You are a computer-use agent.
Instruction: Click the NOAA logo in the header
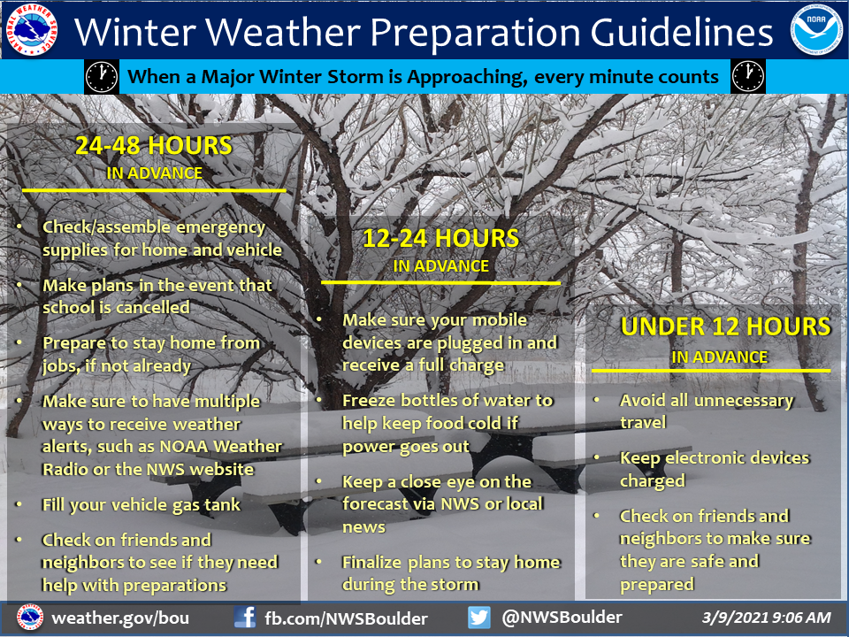point(816,29)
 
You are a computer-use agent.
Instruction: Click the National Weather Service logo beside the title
point(32,29)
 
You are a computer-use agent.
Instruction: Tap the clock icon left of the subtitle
point(101,77)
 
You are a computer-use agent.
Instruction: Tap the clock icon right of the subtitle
point(748,77)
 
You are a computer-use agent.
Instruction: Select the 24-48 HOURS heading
point(154,146)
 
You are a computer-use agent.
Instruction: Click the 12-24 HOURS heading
point(440,239)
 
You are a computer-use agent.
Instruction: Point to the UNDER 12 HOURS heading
point(725,326)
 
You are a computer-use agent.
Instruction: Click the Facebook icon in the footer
point(245,618)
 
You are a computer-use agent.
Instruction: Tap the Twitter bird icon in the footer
point(479,618)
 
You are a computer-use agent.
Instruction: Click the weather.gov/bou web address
point(120,618)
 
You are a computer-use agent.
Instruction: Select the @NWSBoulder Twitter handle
point(562,617)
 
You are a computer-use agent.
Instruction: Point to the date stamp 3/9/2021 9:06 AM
point(766,618)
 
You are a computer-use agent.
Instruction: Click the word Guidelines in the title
point(682,32)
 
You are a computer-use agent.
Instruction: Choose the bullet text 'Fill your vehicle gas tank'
point(141,505)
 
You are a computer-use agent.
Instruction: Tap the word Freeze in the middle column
point(370,400)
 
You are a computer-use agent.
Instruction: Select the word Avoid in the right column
point(641,400)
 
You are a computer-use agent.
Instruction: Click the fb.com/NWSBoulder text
point(346,618)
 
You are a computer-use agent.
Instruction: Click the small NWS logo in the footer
point(30,618)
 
